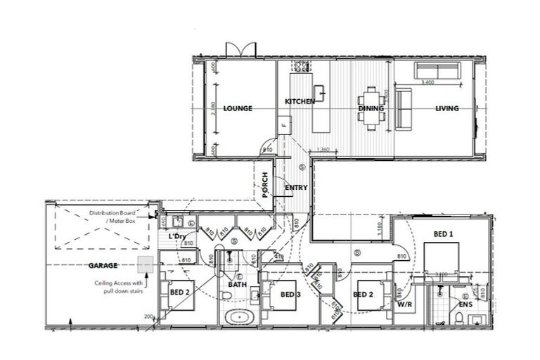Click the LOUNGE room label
[238, 109]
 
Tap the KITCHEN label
[300, 103]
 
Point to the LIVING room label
[446, 109]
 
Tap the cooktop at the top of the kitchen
[302, 67]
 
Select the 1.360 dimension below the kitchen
[324, 149]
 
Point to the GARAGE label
[103, 266]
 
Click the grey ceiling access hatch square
[146, 265]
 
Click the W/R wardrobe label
[404, 306]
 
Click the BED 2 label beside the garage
[181, 291]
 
